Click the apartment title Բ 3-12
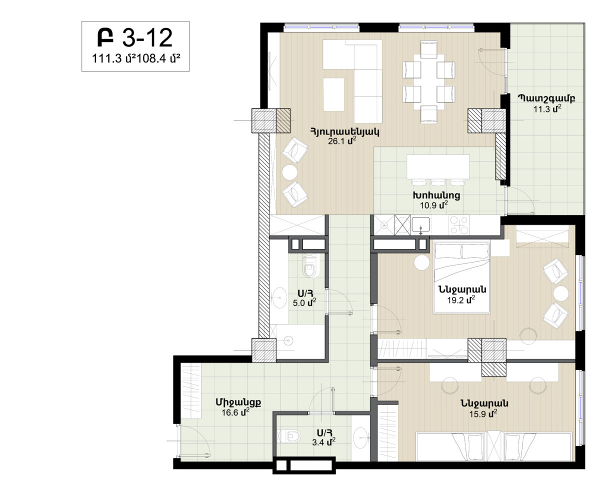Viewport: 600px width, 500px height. (x=135, y=38)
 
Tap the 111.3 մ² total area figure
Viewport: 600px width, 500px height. (x=114, y=58)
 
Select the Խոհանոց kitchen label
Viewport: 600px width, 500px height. (x=436, y=195)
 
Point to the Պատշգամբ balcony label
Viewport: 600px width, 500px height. (x=546, y=98)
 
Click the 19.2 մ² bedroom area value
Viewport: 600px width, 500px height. (x=461, y=299)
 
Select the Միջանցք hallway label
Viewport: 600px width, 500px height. (x=238, y=402)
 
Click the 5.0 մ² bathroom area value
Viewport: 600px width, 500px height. (x=304, y=302)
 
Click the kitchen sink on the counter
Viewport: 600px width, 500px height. (x=421, y=224)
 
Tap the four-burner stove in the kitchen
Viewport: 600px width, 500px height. (x=459, y=225)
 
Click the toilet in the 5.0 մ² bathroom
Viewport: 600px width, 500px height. (x=309, y=266)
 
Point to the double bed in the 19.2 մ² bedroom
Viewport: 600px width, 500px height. (x=462, y=278)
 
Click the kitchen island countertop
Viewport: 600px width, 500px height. (x=438, y=167)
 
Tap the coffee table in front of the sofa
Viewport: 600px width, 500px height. (x=333, y=94)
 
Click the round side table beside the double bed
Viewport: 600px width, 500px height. (x=421, y=262)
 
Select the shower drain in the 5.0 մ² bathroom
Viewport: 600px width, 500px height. (x=288, y=341)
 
